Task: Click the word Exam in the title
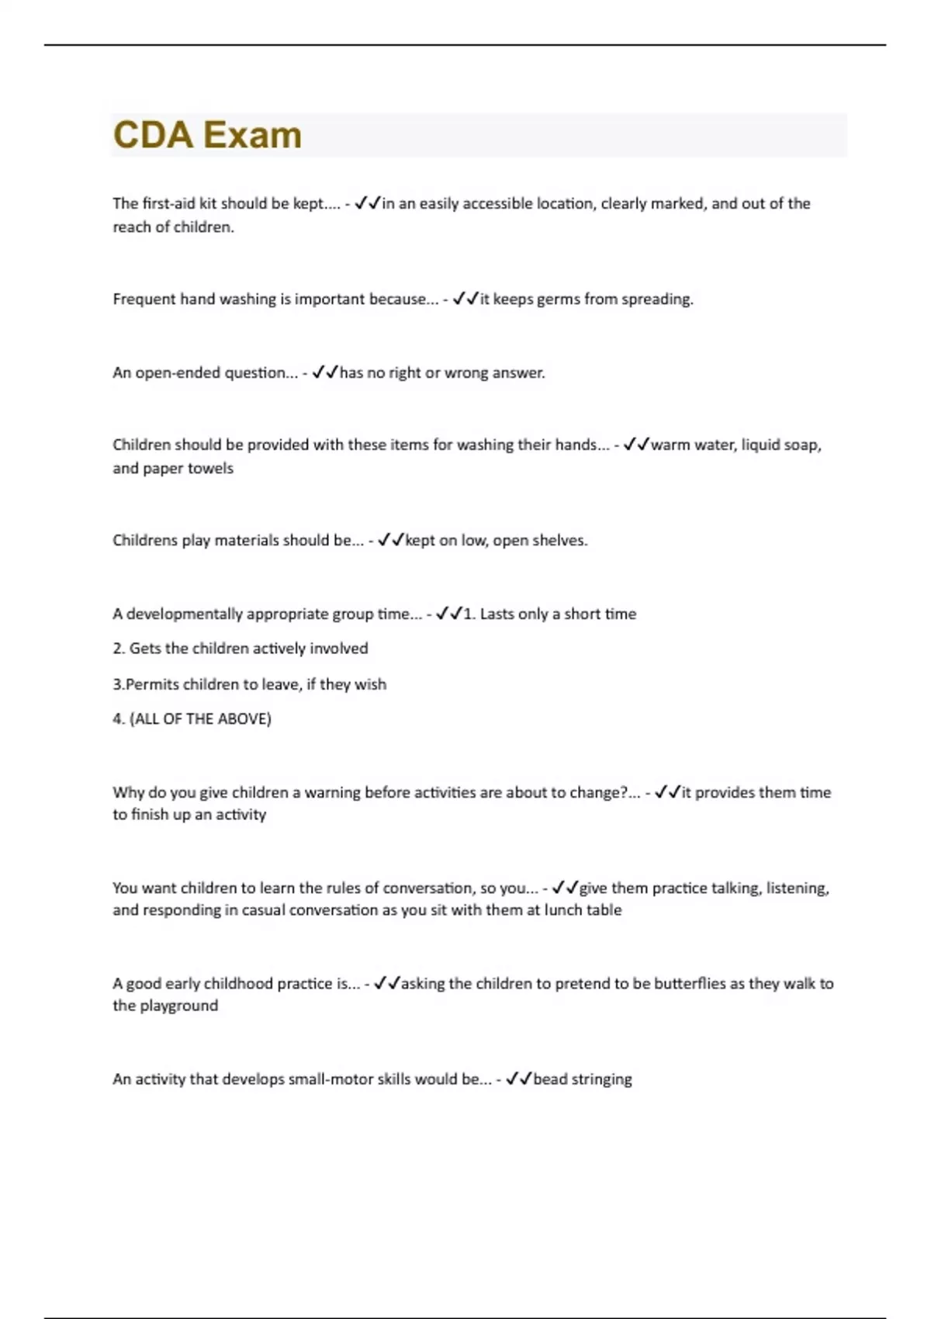[253, 135]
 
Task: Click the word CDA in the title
[153, 135]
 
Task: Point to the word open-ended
[178, 372]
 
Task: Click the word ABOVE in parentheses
[244, 718]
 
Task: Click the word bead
[550, 1079]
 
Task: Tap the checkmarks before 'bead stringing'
[518, 1079]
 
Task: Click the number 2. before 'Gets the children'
[118, 649]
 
